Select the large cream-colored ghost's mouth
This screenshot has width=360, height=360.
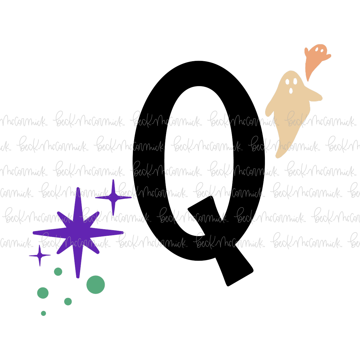291,91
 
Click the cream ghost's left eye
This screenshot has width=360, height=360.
287,82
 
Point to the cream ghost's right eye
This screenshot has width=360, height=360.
295,81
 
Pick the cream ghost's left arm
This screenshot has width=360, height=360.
270,108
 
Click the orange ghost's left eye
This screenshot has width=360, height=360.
317,49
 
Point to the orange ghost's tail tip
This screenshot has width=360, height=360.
308,80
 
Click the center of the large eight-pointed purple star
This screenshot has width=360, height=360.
78,233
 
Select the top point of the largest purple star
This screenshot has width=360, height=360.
78,188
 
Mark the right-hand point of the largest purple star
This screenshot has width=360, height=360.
123,233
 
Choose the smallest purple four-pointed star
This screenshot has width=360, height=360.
40,255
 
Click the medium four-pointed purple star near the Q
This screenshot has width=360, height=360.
113,197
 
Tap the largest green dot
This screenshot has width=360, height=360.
96,285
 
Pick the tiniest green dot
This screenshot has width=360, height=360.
43,313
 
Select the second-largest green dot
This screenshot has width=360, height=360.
43,293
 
